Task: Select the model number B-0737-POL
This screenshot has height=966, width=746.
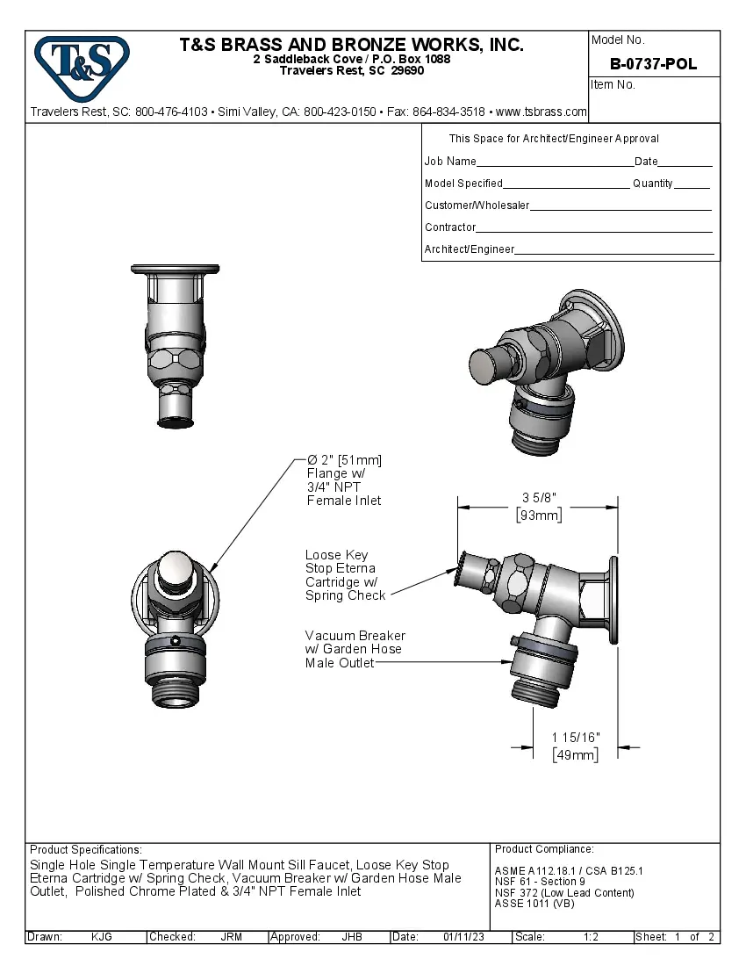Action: click(x=653, y=64)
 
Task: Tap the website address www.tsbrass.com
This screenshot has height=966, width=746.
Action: click(x=541, y=112)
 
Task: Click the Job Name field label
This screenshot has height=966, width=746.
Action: click(x=450, y=162)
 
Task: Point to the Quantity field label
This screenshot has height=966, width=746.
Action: click(x=652, y=184)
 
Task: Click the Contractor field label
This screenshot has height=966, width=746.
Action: click(x=450, y=227)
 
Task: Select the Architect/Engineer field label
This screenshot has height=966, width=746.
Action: click(x=469, y=249)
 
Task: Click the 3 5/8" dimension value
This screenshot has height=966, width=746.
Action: click(x=539, y=498)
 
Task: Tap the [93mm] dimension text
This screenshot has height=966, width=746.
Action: click(x=538, y=515)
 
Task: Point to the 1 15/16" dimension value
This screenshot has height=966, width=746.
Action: click(x=576, y=737)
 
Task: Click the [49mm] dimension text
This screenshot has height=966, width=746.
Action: click(x=576, y=755)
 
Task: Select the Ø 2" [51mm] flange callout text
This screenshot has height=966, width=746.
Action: click(x=344, y=480)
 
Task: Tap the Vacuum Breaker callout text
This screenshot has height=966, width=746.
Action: click(x=355, y=649)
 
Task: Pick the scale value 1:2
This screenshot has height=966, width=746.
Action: click(x=591, y=937)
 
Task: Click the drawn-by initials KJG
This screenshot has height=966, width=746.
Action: click(x=101, y=937)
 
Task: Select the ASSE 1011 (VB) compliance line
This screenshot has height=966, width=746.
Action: click(x=534, y=904)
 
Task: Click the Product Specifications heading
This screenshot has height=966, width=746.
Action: click(x=85, y=850)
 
